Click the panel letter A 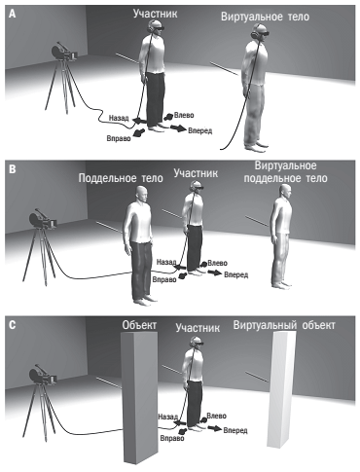[x=12, y=14]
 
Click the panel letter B [x=12, y=170]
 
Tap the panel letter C [x=12, y=325]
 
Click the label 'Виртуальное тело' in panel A [x=265, y=17]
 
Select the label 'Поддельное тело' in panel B [x=121, y=178]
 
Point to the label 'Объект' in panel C [x=139, y=325]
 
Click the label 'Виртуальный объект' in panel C [x=284, y=325]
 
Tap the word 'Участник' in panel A [x=156, y=14]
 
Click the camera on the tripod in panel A [x=64, y=53]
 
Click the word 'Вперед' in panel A [x=199, y=130]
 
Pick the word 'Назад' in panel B [x=165, y=262]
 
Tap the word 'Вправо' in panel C [x=172, y=438]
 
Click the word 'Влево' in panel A [x=184, y=115]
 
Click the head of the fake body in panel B [x=141, y=195]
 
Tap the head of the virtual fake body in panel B [x=284, y=192]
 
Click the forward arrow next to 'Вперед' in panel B [x=214, y=272]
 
